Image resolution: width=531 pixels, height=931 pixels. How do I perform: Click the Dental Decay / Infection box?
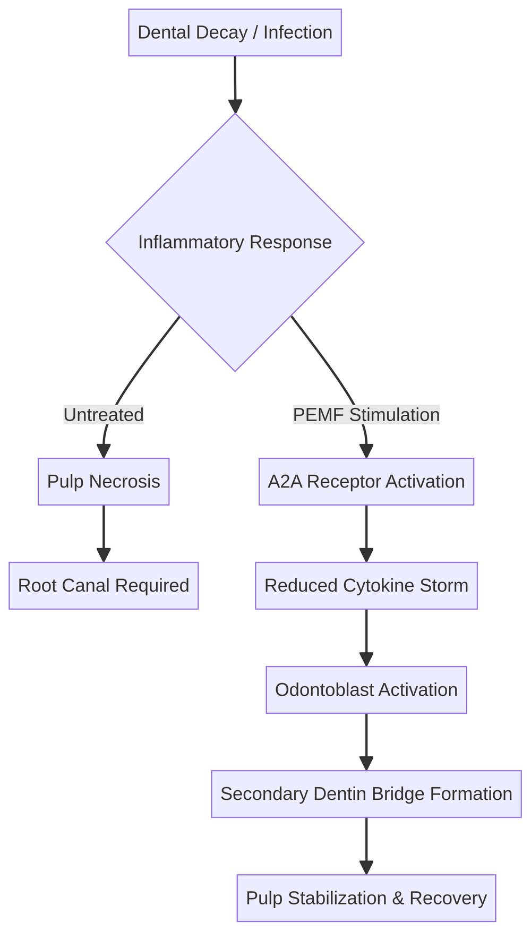coord(235,32)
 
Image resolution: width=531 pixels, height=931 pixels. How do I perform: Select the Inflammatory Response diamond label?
coord(235,242)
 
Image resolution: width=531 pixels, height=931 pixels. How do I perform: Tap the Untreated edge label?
coord(104,415)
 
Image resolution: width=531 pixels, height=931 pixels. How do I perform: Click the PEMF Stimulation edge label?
coord(366,415)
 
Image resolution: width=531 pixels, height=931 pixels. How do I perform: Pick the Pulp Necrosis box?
coord(104,482)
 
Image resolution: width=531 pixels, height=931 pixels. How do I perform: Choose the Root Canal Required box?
coord(104,586)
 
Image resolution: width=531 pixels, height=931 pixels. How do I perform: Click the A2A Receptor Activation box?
coord(366,482)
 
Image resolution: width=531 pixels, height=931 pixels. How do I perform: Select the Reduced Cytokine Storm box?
coord(366,586)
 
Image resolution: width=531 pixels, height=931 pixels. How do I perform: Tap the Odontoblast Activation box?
coord(366,690)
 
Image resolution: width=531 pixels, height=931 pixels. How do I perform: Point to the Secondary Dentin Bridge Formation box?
coord(366,794)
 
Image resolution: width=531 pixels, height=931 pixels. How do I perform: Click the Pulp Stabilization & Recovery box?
coord(366,898)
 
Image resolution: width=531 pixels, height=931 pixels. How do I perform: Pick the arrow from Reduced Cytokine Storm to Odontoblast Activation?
coord(366,637)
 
